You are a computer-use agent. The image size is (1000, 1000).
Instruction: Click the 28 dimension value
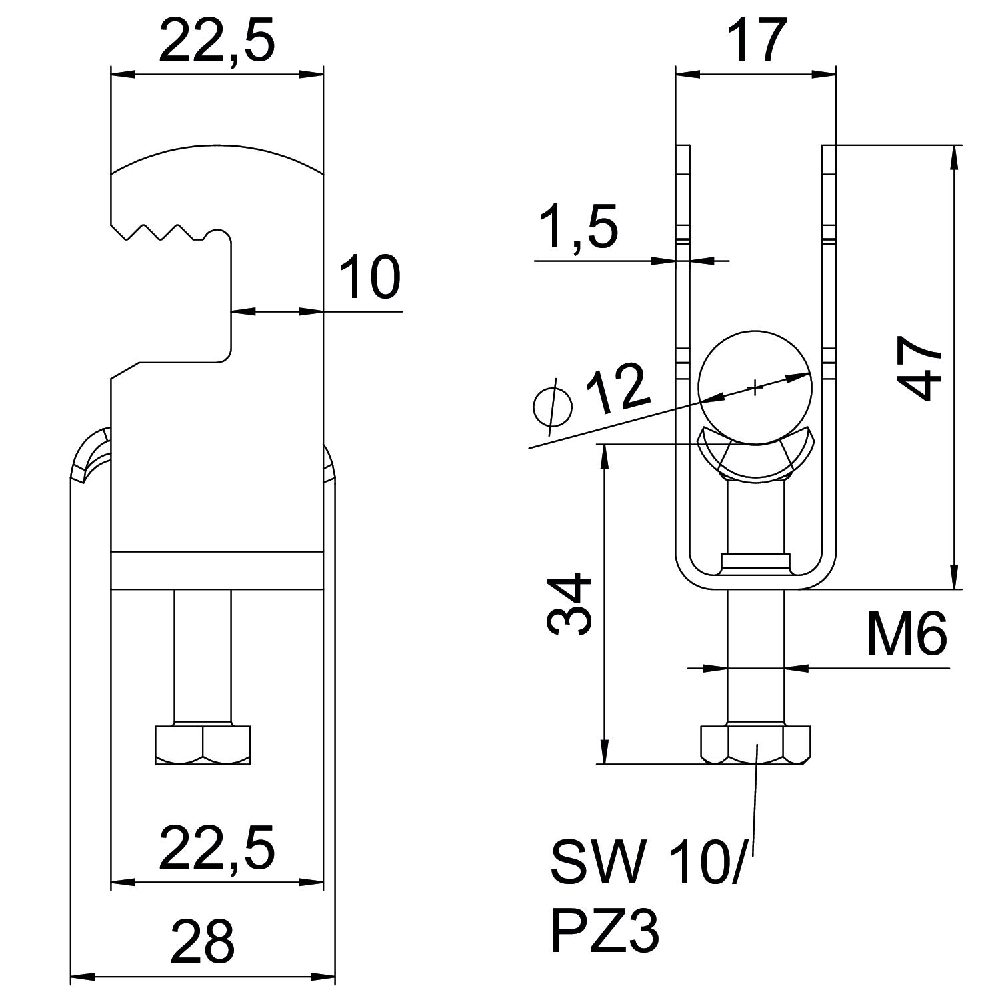click(203, 941)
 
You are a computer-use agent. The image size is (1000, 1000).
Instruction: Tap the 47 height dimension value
click(920, 367)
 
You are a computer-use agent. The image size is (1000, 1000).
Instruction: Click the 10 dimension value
click(370, 276)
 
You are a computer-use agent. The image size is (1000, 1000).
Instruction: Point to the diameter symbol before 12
click(553, 404)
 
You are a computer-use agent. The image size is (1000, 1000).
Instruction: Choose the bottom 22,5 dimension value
click(217, 849)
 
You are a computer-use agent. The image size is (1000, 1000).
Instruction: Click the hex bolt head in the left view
click(203, 745)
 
